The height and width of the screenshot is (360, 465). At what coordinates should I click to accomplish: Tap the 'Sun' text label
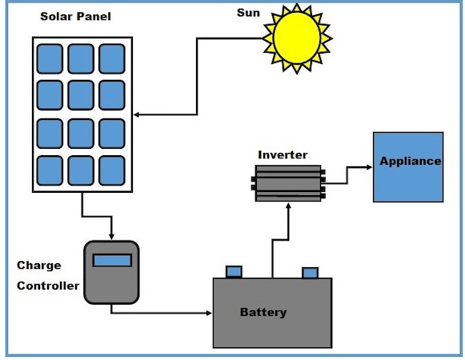[x=249, y=14]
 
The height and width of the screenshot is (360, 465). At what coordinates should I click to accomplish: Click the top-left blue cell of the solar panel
[x=50, y=58]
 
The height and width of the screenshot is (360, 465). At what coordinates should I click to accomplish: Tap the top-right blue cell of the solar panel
[x=111, y=58]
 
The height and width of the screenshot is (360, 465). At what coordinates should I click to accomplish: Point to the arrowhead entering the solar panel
[x=135, y=115]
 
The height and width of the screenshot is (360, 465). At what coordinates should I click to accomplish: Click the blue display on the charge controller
[x=111, y=260]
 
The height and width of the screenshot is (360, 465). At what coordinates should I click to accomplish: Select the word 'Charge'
[x=38, y=265]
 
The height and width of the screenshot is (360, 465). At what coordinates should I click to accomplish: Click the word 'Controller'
[x=47, y=286]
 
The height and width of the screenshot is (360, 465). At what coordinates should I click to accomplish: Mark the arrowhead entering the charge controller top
[x=111, y=236]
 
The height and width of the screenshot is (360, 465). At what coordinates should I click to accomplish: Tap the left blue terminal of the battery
[x=235, y=272]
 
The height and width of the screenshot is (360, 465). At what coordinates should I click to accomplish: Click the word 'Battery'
[x=263, y=312]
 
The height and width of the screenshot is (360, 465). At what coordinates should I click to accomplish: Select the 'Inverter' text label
[x=282, y=154]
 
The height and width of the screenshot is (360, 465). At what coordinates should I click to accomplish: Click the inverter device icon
[x=289, y=183]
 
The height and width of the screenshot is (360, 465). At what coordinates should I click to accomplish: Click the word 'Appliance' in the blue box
[x=410, y=161]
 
